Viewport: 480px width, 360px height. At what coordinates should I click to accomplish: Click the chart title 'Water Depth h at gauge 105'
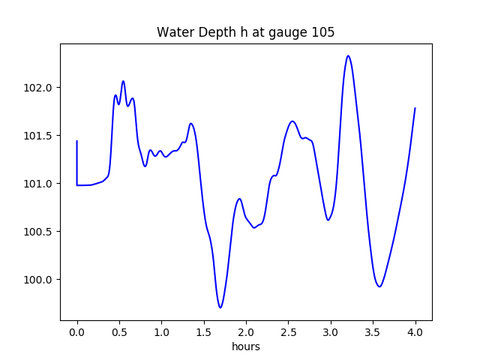click(x=245, y=32)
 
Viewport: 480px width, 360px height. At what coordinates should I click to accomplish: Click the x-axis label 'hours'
click(x=246, y=346)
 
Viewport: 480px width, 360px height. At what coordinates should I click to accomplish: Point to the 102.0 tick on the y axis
click(x=39, y=88)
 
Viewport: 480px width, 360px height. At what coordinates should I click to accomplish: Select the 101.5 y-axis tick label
click(x=39, y=136)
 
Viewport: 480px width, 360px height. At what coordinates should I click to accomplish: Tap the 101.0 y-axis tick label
click(x=39, y=184)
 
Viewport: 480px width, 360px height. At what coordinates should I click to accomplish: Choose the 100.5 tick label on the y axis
click(x=39, y=232)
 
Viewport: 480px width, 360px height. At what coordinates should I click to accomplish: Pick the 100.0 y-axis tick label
click(x=39, y=280)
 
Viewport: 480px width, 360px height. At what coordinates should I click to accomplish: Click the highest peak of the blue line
click(x=348, y=55)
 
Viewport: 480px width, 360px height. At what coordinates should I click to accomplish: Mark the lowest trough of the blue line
click(x=220, y=307)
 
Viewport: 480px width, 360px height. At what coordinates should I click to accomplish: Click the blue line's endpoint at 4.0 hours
click(x=415, y=108)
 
